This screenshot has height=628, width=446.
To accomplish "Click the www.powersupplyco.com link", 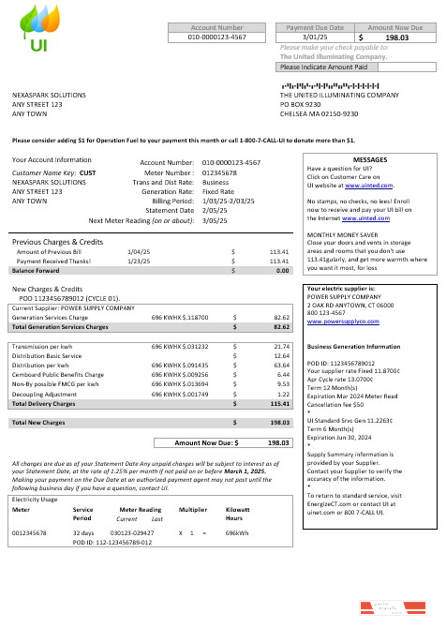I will [x=340, y=321].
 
